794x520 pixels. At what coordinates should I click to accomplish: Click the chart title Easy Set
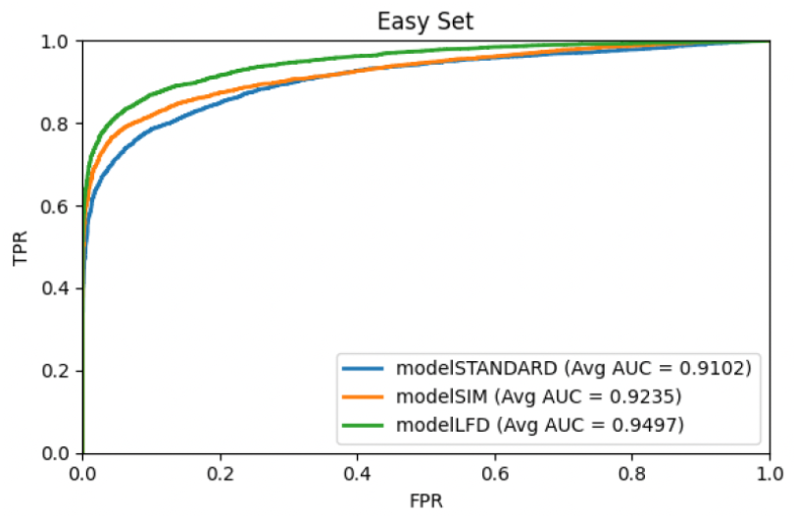click(x=425, y=22)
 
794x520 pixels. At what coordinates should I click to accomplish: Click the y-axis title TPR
click(x=21, y=248)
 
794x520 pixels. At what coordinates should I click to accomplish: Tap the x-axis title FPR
click(x=425, y=500)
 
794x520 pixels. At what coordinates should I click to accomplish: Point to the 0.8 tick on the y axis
click(x=55, y=124)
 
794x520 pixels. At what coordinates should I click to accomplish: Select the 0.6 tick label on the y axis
click(x=55, y=206)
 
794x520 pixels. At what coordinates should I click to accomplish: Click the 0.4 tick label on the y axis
click(x=55, y=288)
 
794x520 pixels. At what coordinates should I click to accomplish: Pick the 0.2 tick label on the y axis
click(x=55, y=371)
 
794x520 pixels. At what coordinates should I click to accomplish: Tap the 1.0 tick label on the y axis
click(x=55, y=41)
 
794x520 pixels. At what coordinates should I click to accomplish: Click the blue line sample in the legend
click(x=363, y=369)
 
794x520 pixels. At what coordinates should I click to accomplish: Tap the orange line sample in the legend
click(x=363, y=396)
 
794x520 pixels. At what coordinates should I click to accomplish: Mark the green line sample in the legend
click(x=363, y=425)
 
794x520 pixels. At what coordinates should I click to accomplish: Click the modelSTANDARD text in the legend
click(x=477, y=368)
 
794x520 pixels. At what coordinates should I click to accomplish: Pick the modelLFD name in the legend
click(x=443, y=425)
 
